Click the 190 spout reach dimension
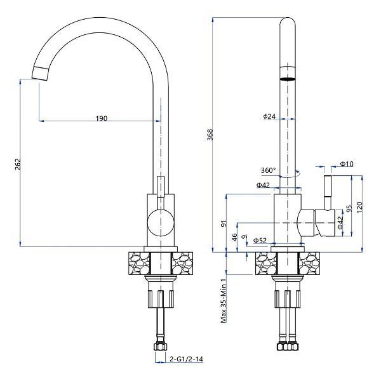[102, 118]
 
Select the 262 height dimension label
[18, 164]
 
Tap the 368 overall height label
[210, 135]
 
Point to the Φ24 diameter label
[269, 116]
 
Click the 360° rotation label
[268, 170]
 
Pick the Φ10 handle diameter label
[347, 164]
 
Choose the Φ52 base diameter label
[260, 240]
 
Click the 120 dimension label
[359, 207]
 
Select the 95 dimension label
[349, 208]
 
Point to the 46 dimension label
[234, 237]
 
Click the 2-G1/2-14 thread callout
[186, 359]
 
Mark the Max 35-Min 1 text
[224, 300]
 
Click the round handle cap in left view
[161, 222]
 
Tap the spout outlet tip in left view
[40, 73]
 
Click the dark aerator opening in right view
[288, 79]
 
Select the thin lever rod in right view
[328, 192]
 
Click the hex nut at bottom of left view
[161, 346]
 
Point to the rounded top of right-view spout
[288, 22]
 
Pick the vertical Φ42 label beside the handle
[340, 222]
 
